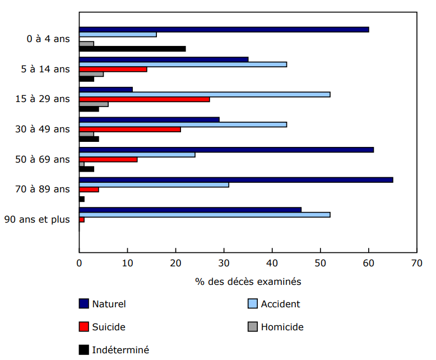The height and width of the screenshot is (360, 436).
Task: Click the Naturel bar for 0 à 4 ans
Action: pyautogui.click(x=224, y=29)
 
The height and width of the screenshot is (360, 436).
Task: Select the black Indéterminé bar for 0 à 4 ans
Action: pyautogui.click(x=132, y=49)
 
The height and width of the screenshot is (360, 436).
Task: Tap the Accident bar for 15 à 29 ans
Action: pyautogui.click(x=205, y=94)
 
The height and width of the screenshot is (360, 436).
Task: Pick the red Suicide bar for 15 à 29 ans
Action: pyautogui.click(x=145, y=99)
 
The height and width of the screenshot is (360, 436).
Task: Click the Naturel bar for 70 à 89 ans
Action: pyautogui.click(x=236, y=179)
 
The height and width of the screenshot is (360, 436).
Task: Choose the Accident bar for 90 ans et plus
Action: pyautogui.click(x=205, y=214)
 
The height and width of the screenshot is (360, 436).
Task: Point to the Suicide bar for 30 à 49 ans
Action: pyautogui.click(x=130, y=129)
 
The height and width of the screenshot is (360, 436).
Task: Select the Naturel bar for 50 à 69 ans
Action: pyautogui.click(x=226, y=150)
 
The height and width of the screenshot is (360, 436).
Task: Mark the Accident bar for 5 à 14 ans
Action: pyautogui.click(x=183, y=64)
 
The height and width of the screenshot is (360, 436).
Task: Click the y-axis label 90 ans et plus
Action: pyautogui.click(x=37, y=219)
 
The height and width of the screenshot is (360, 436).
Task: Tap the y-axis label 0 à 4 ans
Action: pyautogui.click(x=48, y=39)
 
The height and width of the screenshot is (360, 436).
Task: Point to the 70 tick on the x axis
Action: pyautogui.click(x=416, y=262)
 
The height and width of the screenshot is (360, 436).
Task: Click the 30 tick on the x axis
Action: pyautogui.click(x=224, y=262)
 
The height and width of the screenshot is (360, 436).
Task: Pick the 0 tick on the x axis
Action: pyautogui.click(x=79, y=262)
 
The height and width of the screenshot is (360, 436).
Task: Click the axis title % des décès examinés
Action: pyautogui.click(x=248, y=281)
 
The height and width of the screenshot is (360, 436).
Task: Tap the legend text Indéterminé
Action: pyautogui.click(x=120, y=349)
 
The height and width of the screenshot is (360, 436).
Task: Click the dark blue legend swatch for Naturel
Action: pyautogui.click(x=84, y=304)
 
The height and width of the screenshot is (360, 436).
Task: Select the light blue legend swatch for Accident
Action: pyautogui.click(x=252, y=304)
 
